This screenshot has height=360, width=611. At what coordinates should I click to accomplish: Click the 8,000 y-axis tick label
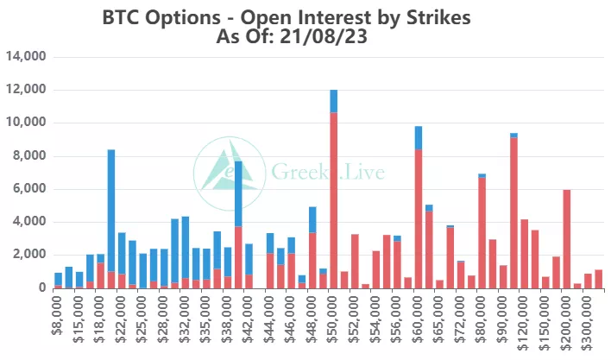pyautogui.click(x=28, y=156)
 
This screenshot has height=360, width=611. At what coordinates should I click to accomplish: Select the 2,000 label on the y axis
pyautogui.click(x=28, y=255)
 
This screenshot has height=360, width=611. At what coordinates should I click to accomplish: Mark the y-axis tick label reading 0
pyautogui.click(x=40, y=287)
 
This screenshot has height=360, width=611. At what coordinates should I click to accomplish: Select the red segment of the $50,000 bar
pyautogui.click(x=333, y=199)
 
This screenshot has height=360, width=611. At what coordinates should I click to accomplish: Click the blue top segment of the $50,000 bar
pyautogui.click(x=333, y=101)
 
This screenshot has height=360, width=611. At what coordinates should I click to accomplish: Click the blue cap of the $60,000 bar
pyautogui.click(x=419, y=137)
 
